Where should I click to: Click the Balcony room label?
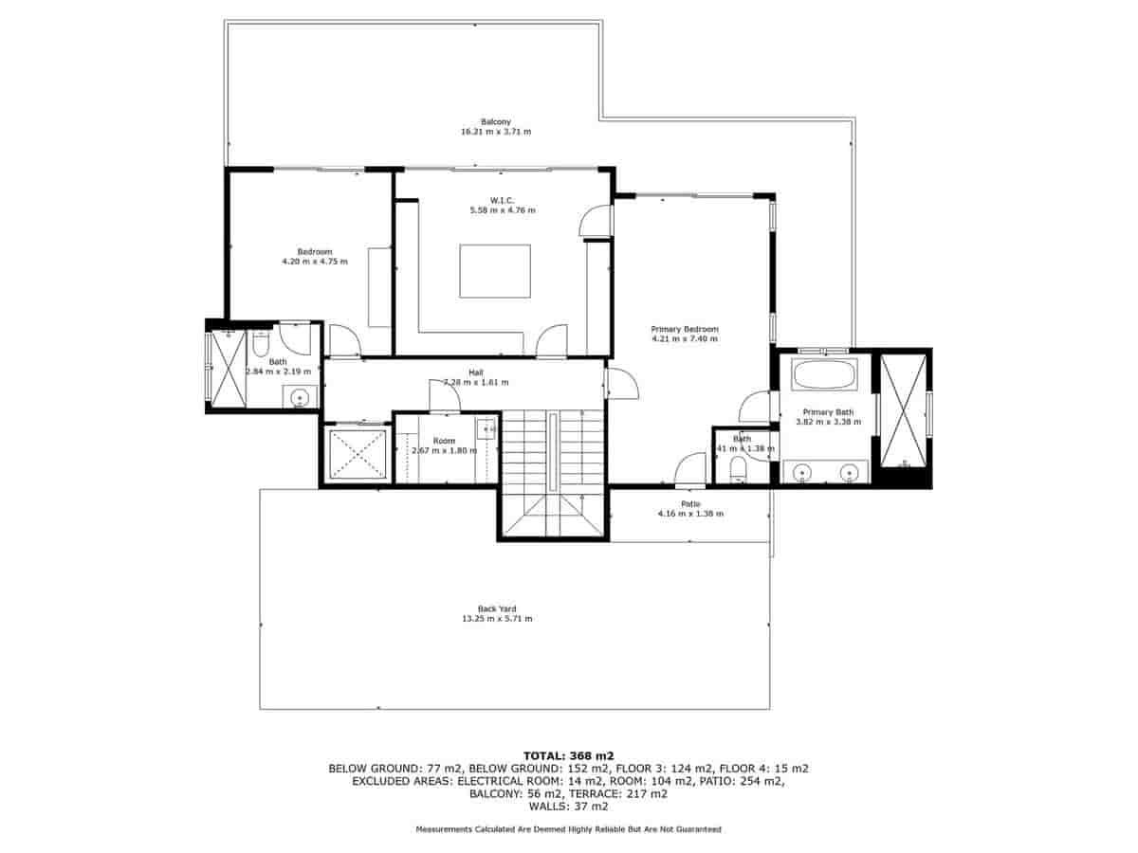tap(495, 121)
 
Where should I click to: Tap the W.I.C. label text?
tap(502, 200)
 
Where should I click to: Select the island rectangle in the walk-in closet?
tap(495, 271)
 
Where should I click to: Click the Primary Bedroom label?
tap(684, 329)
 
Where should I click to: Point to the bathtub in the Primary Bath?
tap(824, 374)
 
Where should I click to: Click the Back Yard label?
tap(497, 609)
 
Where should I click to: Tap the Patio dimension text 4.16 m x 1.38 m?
tap(690, 514)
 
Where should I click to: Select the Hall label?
tap(476, 372)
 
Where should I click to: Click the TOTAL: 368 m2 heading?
tap(568, 755)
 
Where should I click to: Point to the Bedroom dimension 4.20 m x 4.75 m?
tap(315, 261)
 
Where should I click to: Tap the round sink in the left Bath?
tap(300, 397)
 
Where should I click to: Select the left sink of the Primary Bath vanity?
tap(802, 471)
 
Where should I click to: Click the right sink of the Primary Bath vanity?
tap(849, 471)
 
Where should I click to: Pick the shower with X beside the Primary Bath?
tap(902, 411)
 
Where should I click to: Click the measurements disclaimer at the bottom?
tap(568, 829)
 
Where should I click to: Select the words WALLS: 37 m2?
tap(568, 808)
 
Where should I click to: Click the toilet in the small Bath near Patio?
tap(738, 468)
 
